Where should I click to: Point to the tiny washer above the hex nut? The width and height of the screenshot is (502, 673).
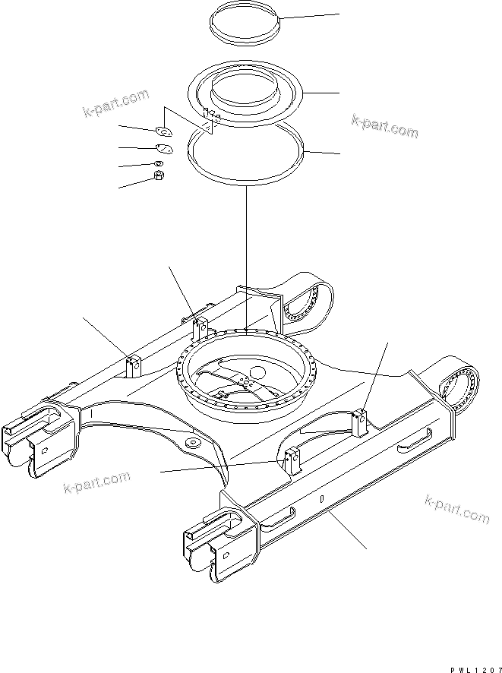[159, 163]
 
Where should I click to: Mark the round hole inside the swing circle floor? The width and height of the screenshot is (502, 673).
[256, 373]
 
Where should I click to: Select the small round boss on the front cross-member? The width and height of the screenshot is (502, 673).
[191, 443]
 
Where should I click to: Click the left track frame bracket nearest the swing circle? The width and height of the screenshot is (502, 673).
[200, 328]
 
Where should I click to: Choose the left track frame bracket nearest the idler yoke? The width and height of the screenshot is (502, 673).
[134, 365]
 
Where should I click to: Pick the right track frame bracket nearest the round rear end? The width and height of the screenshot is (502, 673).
[360, 420]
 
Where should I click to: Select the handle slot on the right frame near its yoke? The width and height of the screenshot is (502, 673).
[279, 517]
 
